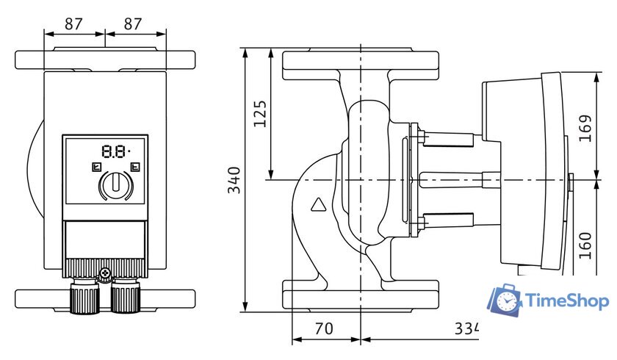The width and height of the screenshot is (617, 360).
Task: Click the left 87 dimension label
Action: [x=73, y=23]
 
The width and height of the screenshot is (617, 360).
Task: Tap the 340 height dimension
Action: [x=234, y=180]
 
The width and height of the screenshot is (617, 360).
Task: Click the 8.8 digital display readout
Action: [x=115, y=151]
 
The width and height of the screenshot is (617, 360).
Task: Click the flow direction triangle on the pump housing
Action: [x=319, y=205]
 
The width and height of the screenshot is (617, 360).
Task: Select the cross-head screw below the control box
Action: [x=105, y=274]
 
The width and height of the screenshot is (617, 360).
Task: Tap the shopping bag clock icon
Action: [x=506, y=300]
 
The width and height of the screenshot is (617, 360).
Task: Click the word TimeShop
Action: [x=566, y=300]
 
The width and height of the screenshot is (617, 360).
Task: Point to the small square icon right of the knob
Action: [x=134, y=167]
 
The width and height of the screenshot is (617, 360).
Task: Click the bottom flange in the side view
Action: [x=361, y=294]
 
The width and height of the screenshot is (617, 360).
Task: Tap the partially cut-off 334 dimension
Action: [x=465, y=329]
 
